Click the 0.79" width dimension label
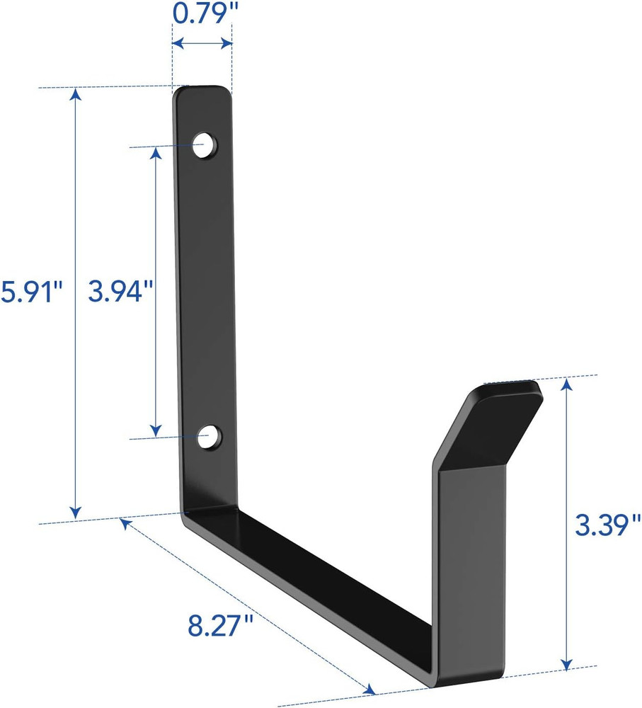202,13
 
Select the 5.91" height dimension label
32,291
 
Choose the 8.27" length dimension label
222,627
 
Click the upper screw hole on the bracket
206,144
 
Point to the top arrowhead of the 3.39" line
566,384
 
